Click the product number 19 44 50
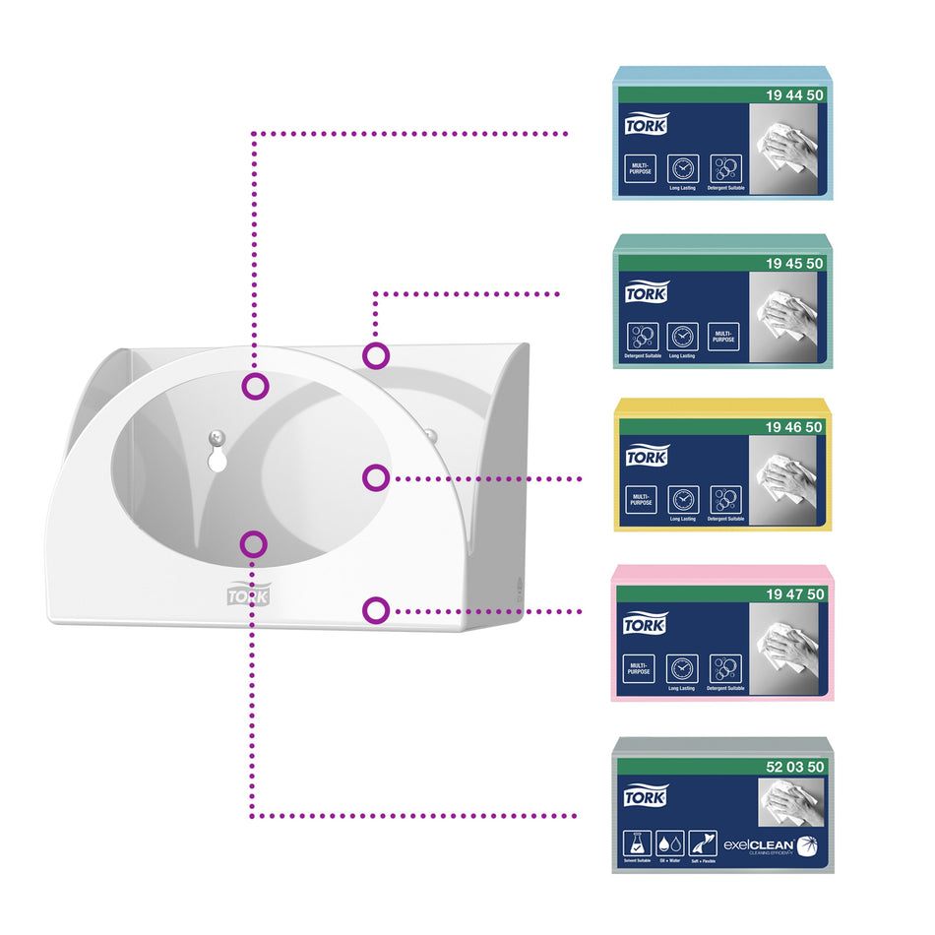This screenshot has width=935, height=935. [x=794, y=94]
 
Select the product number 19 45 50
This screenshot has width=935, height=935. [x=794, y=263]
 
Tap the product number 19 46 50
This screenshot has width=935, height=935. [x=794, y=426]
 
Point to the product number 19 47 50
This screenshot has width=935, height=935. [x=794, y=594]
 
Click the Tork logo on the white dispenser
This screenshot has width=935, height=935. [x=248, y=594]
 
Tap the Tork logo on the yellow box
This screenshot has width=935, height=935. [x=646, y=457]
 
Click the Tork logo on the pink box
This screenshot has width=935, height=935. [x=646, y=624]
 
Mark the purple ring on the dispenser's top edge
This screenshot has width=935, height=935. [x=375, y=355]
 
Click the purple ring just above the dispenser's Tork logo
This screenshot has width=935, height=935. [x=254, y=543]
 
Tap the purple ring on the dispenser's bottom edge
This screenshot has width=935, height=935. [x=375, y=610]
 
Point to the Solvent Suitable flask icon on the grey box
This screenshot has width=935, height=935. [x=638, y=843]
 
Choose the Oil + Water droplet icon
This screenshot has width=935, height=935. [x=669, y=843]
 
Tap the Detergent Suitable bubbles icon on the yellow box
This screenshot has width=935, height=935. [x=724, y=500]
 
